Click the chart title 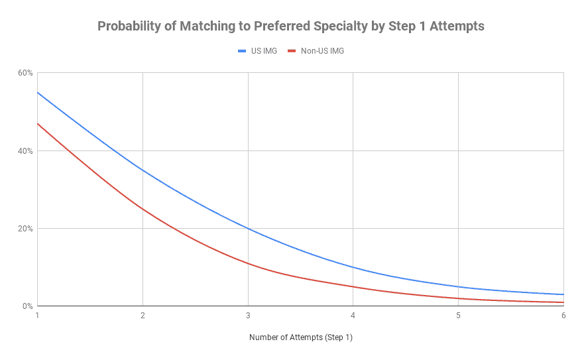(291, 27)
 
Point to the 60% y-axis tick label (25, 73)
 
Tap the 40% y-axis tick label (25, 150)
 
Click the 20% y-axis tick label (25, 229)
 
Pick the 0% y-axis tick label (27, 306)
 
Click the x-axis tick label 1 (38, 316)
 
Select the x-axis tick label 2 (143, 316)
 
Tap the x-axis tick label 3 (248, 316)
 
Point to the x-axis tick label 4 (353, 316)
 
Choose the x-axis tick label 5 (458, 316)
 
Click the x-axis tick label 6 (563, 316)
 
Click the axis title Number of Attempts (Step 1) (300, 337)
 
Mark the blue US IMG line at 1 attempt (38, 93)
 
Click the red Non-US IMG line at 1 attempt (38, 124)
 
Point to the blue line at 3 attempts (248, 229)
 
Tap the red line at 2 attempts (143, 209)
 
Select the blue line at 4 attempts (353, 267)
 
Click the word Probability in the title (127, 27)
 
